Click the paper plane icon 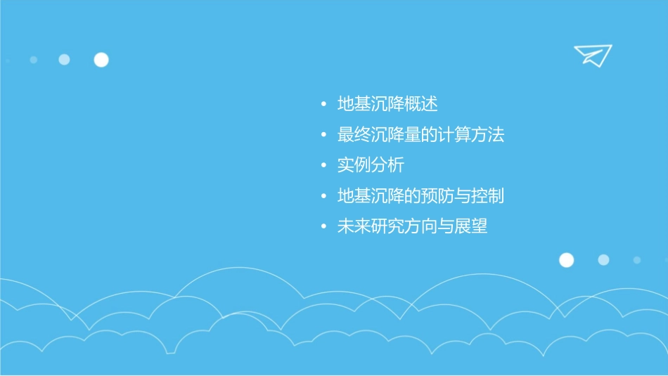click(592, 55)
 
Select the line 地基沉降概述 click(387, 105)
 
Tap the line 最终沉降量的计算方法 click(420, 135)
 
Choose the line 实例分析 click(371, 165)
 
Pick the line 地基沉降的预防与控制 click(420, 196)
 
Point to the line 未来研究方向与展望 click(412, 226)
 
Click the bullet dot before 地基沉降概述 click(323, 105)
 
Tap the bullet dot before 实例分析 click(323, 166)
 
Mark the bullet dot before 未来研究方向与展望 click(323, 227)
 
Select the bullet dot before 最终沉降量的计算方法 click(323, 136)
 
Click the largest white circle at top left click(101, 60)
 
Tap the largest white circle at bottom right click(566, 260)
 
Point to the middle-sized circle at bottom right click(603, 260)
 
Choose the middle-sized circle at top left click(64, 60)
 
